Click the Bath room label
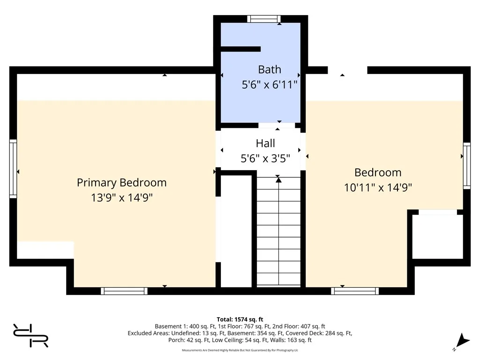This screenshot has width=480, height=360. point(270,69)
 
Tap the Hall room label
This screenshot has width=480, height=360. point(265,143)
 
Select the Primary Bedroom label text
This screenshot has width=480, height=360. point(121,183)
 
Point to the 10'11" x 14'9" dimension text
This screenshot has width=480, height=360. point(378,187)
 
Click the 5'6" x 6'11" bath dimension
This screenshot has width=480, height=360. point(270,84)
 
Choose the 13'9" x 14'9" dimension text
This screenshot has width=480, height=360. point(121,197)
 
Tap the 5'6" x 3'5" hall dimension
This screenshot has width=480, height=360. point(265,158)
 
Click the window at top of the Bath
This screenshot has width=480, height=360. point(264,19)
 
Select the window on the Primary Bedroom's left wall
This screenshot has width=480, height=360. point(13,169)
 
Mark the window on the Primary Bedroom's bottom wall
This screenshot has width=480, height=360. point(124,291)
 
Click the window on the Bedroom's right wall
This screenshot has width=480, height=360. point(466,165)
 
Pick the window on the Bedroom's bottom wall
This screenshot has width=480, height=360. point(355,291)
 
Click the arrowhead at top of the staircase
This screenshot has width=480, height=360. point(278,180)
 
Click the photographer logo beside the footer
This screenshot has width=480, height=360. point(30,336)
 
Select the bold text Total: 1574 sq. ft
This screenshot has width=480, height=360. point(240,320)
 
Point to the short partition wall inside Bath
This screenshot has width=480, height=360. point(240,49)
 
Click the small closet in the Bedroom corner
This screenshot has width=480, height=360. point(438,236)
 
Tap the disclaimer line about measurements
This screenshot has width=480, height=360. point(240,350)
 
